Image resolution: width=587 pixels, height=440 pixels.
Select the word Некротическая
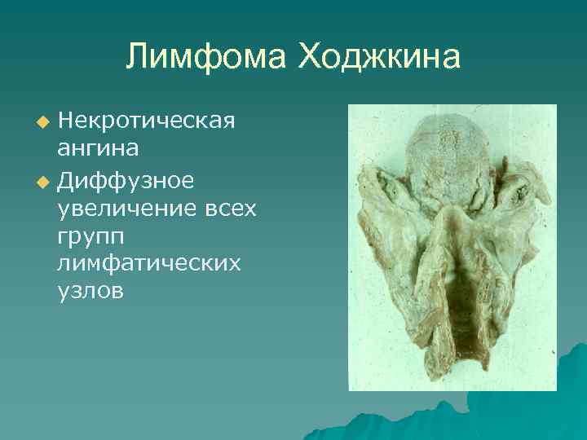146,121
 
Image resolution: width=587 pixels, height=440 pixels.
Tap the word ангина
97,149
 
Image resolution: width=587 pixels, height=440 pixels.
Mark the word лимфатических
149,264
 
